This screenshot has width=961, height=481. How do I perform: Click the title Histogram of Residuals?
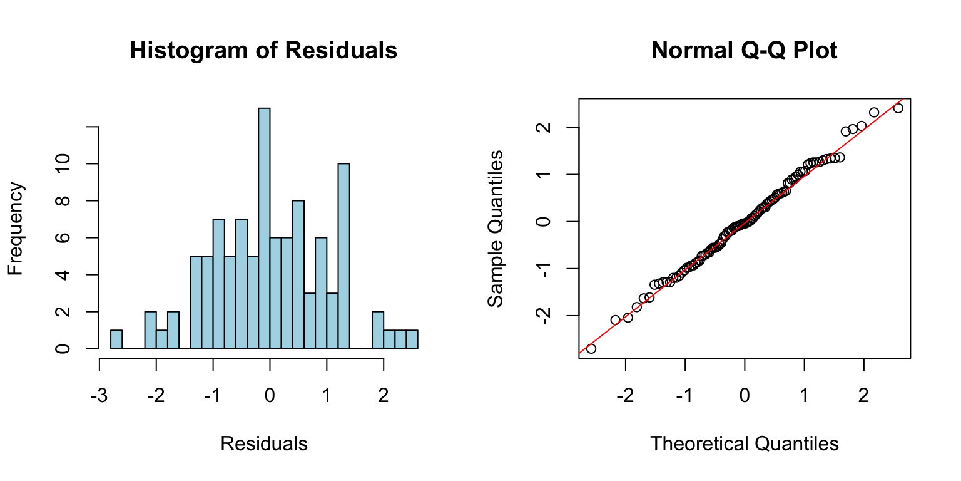click(263, 51)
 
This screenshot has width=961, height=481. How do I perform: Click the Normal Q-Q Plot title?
click(744, 51)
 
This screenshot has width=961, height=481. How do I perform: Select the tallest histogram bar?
click(264, 228)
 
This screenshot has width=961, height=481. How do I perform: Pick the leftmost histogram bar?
click(116, 339)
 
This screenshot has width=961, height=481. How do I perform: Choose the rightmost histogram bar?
click(412, 339)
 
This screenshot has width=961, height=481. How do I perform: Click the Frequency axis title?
click(16, 229)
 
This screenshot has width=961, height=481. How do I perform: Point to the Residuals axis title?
click(263, 444)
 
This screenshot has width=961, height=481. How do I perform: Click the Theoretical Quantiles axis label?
click(744, 444)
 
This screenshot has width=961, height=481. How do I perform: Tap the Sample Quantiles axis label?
click(496, 229)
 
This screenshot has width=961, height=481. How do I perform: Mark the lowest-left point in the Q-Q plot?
click(591, 348)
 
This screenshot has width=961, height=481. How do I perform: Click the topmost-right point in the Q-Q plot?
click(898, 108)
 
